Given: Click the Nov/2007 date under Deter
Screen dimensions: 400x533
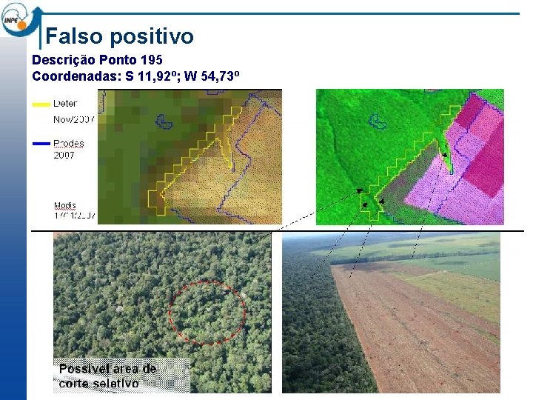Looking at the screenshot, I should point(74,119).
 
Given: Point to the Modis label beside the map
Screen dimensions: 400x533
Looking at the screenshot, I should point(66,205).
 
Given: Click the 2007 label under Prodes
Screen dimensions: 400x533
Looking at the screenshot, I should point(64,156).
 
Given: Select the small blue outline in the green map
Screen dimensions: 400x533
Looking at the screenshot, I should point(378,121).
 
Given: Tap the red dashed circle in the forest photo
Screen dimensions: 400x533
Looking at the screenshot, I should point(207,313).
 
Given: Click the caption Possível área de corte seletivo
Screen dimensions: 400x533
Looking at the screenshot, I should point(107,376).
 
